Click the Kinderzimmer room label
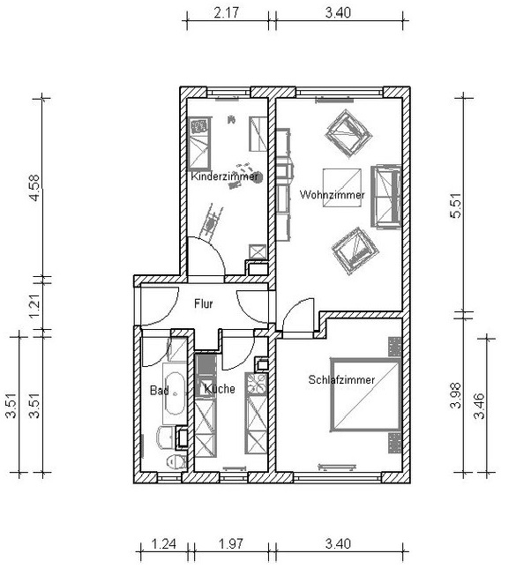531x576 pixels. coord(224,176)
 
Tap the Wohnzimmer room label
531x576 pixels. coord(332,195)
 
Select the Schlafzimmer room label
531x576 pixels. coord(341,379)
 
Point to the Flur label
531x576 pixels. coord(204,303)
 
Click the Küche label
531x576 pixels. coord(220,389)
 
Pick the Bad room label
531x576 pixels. coord(160,390)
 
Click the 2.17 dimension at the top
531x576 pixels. coord(226,12)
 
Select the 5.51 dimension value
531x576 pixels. coord(456,206)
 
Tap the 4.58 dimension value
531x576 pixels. coord(34,188)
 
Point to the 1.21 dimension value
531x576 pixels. coord(34,306)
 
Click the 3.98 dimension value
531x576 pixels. coord(456,395)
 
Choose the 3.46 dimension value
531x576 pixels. coord(480,406)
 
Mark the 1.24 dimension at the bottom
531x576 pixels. coord(164,543)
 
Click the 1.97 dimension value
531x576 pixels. coord(231,543)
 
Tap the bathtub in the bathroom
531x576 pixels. coord(175,393)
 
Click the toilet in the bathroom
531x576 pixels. coord(176,461)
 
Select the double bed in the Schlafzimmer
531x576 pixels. coord(365,395)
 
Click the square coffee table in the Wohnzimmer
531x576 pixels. coord(342,187)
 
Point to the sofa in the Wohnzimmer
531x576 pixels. coord(385,197)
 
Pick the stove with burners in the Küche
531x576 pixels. coord(257,384)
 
